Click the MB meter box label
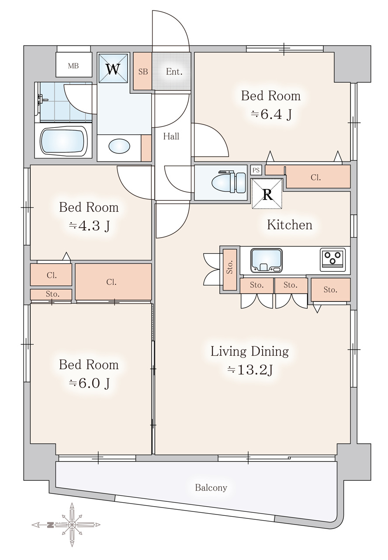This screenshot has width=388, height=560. [73, 66]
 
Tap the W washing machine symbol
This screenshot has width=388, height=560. [113, 68]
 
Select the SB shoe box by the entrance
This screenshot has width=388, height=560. [142, 71]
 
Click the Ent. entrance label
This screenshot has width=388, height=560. [174, 72]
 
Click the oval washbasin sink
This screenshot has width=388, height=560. [119, 146]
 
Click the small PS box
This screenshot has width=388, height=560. [256, 170]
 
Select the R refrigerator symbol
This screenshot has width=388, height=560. [267, 193]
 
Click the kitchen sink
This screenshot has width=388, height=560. [267, 260]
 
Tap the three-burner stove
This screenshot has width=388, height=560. [333, 259]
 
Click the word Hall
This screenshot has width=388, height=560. [171, 136]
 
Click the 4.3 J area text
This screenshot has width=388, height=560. [89, 226]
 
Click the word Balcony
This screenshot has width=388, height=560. [211, 487]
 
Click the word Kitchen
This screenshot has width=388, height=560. [290, 224]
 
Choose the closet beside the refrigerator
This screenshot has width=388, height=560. [318, 177]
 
